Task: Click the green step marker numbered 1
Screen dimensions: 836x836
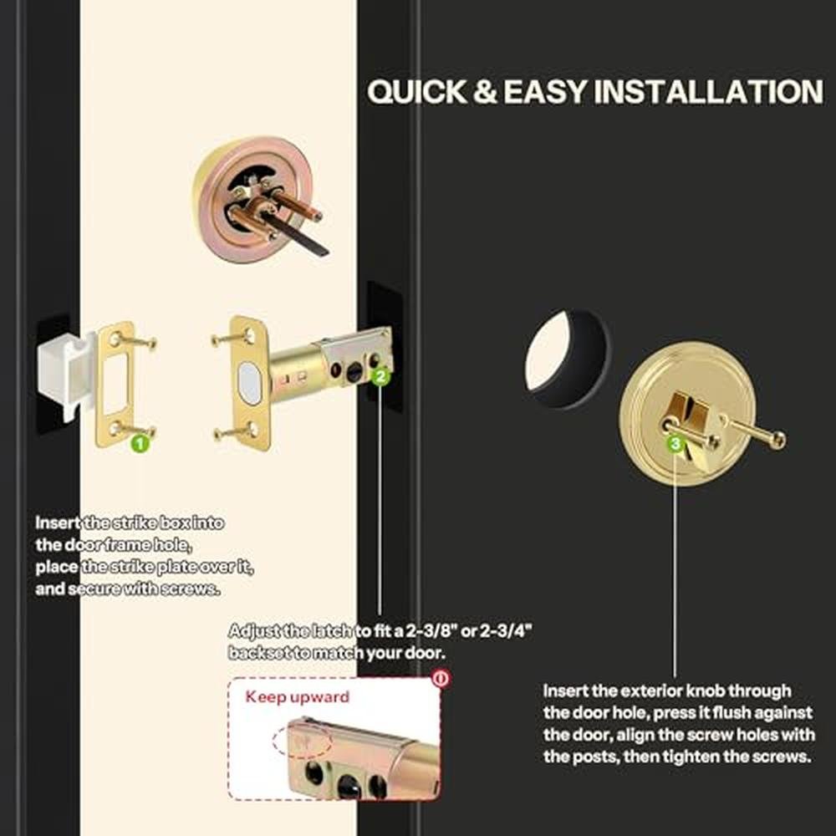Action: (140, 443)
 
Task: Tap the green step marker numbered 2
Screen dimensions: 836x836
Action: (380, 377)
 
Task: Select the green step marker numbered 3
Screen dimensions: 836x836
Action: (675, 443)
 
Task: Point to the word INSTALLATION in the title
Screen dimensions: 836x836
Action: (709, 91)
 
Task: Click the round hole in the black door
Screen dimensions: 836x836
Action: (567, 358)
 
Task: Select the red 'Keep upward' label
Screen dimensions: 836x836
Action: (297, 697)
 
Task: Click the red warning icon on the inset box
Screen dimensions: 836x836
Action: (441, 678)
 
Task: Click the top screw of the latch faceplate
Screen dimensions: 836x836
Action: (232, 338)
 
